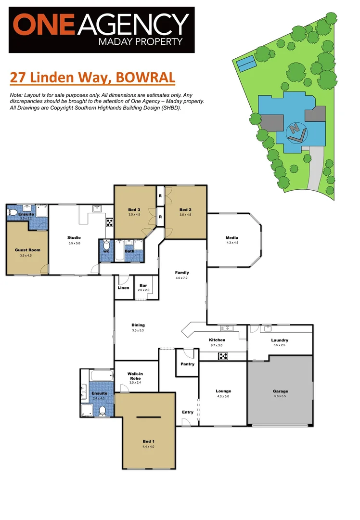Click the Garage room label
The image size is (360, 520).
(280, 391)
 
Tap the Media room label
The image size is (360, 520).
(232, 237)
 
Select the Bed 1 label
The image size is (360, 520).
(149, 441)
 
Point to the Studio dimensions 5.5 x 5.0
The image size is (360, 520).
(74, 243)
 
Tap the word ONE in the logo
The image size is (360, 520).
(42, 25)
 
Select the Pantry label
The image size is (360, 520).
(188, 364)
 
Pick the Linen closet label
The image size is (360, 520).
(123, 288)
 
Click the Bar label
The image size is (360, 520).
(143, 286)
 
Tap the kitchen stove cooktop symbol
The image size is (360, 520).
(223, 356)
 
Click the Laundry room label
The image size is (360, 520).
(280, 340)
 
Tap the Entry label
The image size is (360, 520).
(188, 412)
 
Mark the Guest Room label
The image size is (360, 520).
(28, 250)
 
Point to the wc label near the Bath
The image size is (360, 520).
(106, 251)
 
